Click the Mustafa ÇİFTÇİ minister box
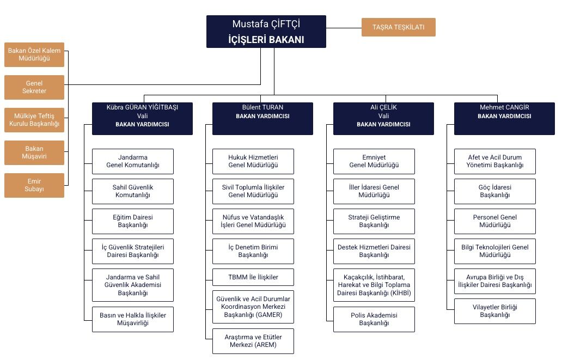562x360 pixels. (266, 32)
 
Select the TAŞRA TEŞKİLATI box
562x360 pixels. (398, 27)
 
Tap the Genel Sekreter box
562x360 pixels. (34, 87)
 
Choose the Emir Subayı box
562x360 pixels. (34, 185)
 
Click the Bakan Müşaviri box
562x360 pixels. (34, 152)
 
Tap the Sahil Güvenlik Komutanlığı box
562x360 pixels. (132, 191)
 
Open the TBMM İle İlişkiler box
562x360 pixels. (253, 277)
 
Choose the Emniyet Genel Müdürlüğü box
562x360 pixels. (374, 161)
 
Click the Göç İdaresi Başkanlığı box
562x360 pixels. (494, 191)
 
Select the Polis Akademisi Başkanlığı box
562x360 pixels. (374, 319)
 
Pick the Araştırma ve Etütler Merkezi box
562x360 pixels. (253, 341)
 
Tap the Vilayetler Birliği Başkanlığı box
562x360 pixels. (494, 311)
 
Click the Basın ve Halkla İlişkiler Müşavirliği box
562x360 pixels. (132, 319)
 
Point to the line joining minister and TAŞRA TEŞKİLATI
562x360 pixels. (344, 28)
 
